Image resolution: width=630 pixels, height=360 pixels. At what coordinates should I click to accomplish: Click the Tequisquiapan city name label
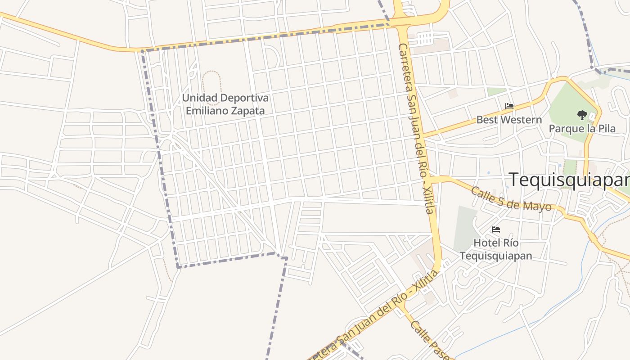coord(569,180)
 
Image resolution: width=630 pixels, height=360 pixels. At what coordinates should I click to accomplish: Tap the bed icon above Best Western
coord(509,107)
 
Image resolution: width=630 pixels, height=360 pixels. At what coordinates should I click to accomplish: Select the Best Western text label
coord(509,120)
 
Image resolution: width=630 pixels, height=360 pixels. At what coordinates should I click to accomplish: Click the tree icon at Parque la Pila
coord(582,115)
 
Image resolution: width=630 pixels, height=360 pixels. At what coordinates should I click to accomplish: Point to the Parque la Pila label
coord(582,129)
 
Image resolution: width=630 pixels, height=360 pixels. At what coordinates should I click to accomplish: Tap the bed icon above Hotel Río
coord(496,229)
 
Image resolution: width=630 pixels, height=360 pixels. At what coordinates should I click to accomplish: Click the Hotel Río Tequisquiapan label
coord(496,249)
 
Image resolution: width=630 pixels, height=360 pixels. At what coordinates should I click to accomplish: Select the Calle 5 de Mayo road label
coord(511,199)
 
